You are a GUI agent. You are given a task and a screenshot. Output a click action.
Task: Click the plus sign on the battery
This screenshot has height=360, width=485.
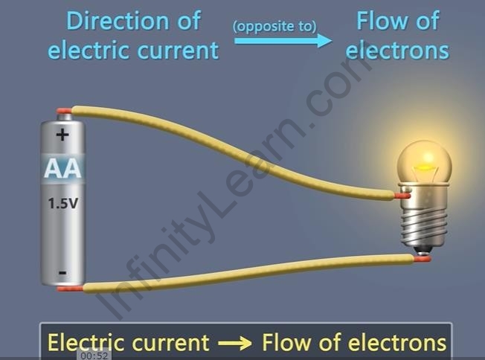pyautogui.click(x=62, y=135)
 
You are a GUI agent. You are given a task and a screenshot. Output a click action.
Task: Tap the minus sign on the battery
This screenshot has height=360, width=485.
pyautogui.click(x=62, y=272)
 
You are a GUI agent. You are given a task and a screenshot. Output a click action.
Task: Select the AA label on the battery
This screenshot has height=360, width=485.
pyautogui.click(x=62, y=169)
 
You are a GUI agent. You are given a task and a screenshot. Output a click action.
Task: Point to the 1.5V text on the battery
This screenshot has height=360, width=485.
pyautogui.click(x=62, y=202)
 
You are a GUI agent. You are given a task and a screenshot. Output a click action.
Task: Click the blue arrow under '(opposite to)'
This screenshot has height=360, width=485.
pyautogui.click(x=283, y=39)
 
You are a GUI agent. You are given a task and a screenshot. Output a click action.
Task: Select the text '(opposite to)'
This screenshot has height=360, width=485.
pyautogui.click(x=274, y=26)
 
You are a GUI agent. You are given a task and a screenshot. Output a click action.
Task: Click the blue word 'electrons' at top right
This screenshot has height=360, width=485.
pyautogui.click(x=398, y=50)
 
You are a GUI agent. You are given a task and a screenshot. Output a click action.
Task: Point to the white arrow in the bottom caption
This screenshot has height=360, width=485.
pyautogui.click(x=235, y=343)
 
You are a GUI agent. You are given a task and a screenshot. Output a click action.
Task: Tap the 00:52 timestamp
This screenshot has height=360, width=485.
pyautogui.click(x=95, y=356)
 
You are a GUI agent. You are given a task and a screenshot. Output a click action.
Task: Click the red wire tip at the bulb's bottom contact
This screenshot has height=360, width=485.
pyautogui.click(x=422, y=259)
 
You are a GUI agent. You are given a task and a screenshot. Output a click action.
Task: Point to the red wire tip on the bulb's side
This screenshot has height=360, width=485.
pyautogui.click(x=402, y=196)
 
